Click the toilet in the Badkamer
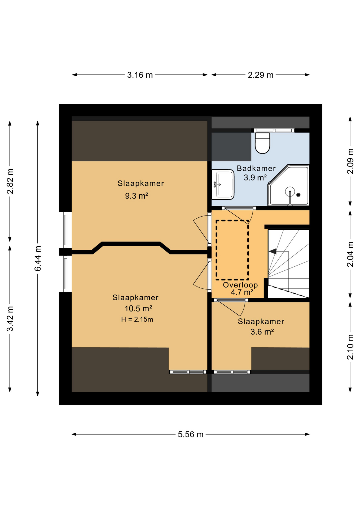(262, 143)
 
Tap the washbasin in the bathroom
(223, 185)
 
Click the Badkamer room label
(256, 168)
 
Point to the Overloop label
(240, 285)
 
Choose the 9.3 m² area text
(137, 196)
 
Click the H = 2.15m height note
(137, 319)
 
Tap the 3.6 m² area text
(262, 332)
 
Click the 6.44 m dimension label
(38, 258)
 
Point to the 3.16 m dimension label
(140, 75)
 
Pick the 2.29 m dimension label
(261, 75)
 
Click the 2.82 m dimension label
(10, 181)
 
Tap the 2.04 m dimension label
(350, 254)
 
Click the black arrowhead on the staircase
(273, 251)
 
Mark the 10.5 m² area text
(138, 309)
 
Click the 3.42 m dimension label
(10, 319)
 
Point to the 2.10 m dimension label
(350, 347)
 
